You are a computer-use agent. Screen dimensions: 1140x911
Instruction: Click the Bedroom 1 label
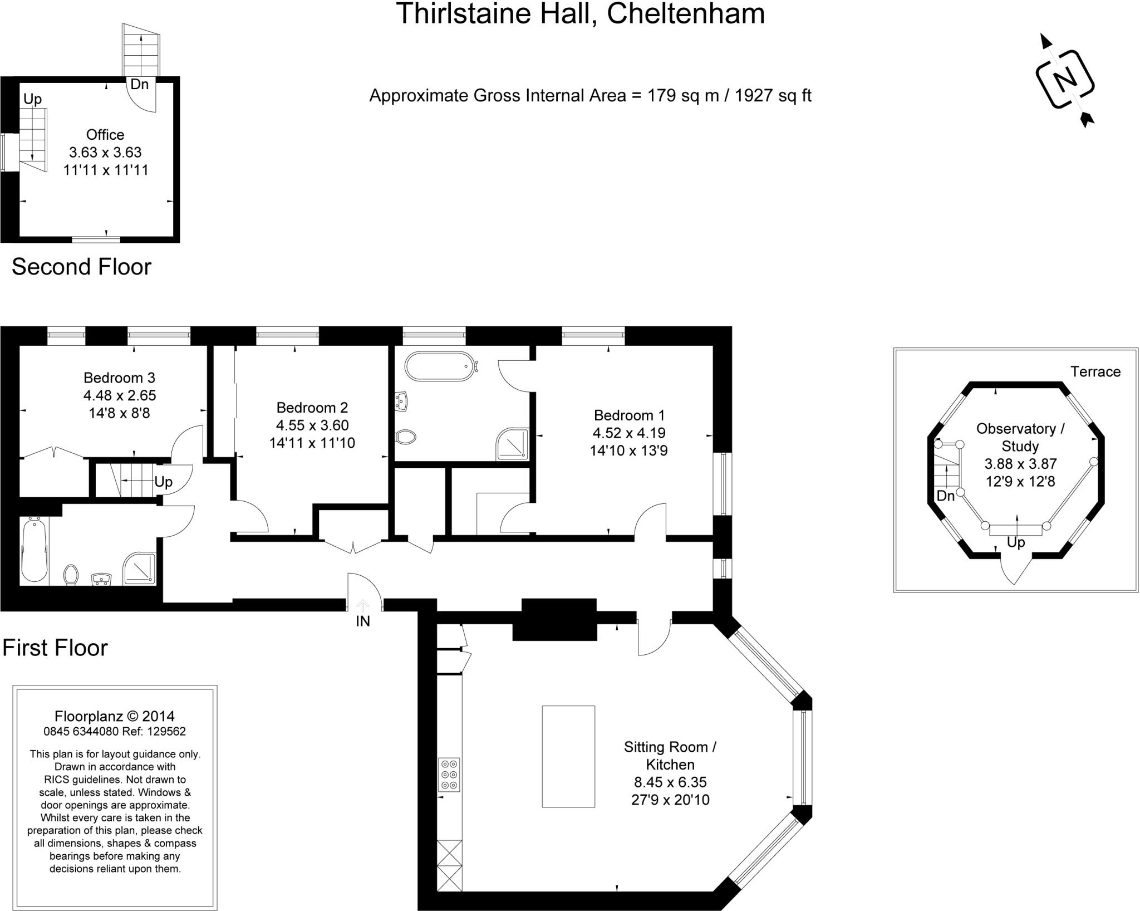[629, 415]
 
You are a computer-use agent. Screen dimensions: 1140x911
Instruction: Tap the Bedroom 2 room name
[312, 408]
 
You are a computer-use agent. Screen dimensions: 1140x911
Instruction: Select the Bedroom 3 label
[119, 378]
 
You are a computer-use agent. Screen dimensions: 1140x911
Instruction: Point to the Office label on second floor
[105, 135]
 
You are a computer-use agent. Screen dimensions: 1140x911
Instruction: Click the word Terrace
[1095, 372]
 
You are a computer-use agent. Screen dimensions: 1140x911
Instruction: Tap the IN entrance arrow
[363, 605]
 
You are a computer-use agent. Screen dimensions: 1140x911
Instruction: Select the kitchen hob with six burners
[449, 774]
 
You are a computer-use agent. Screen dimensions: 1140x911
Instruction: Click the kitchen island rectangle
[568, 756]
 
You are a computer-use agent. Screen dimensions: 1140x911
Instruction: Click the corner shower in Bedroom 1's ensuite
[512, 444]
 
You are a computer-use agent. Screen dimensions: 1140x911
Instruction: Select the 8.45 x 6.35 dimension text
[670, 782]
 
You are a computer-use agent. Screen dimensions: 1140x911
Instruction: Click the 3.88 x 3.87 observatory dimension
[1020, 464]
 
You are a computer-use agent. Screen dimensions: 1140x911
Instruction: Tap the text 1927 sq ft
[773, 96]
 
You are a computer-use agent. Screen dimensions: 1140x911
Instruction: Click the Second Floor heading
[81, 267]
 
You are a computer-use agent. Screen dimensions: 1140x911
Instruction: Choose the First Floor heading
[55, 648]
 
